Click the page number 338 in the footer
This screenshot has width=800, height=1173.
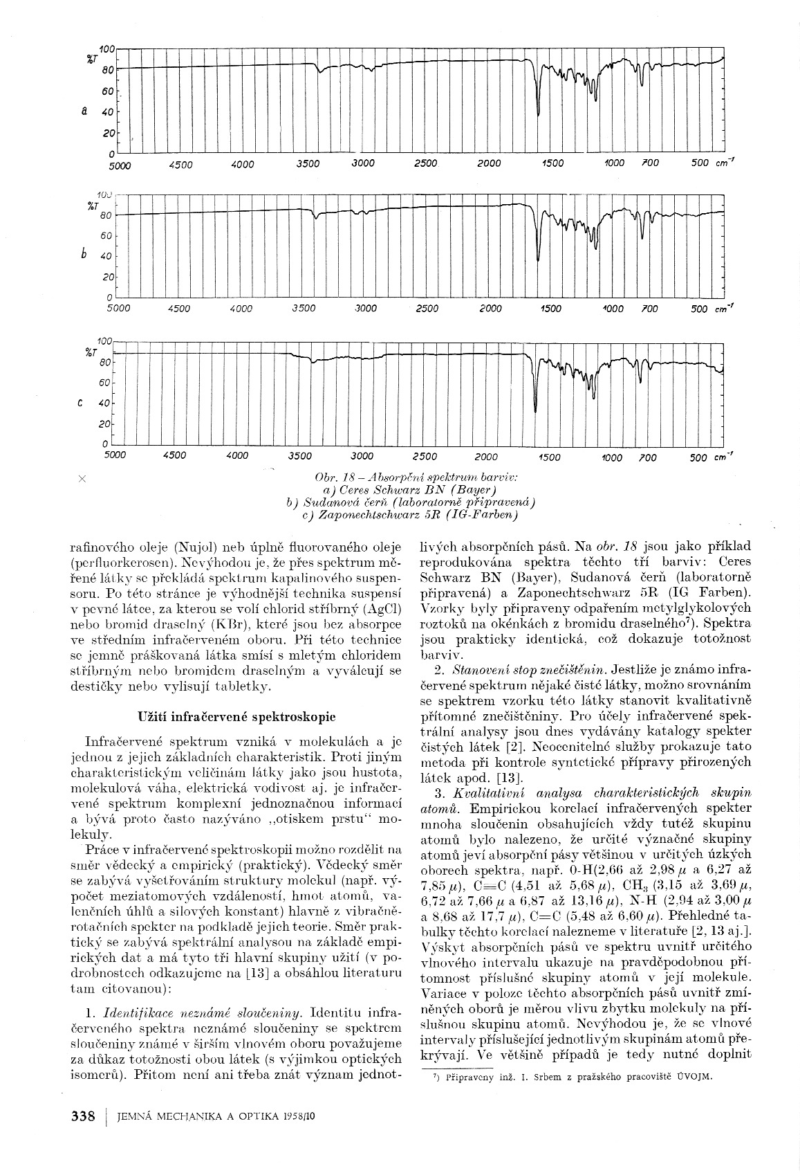click(x=82, y=1116)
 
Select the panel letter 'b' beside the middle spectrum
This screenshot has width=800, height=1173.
click(x=84, y=254)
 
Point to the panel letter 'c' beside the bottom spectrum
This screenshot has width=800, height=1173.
click(x=82, y=403)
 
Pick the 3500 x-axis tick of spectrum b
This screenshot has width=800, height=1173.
click(x=304, y=309)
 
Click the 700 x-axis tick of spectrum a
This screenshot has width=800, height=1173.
click(x=650, y=163)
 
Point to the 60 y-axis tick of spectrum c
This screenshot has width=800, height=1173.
click(x=106, y=383)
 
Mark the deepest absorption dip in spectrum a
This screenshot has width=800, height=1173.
click(x=539, y=115)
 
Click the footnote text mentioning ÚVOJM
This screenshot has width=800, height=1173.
click(x=568, y=1077)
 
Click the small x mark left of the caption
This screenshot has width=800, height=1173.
click(x=82, y=478)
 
